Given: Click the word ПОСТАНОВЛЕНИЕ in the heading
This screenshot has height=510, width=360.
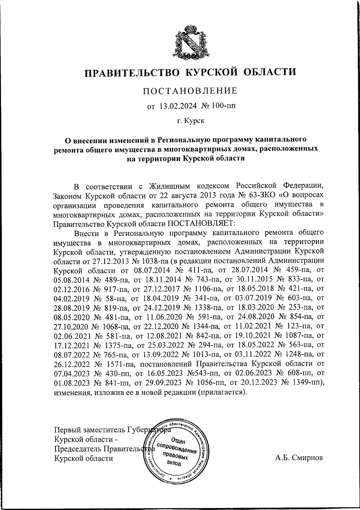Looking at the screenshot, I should coord(190,91).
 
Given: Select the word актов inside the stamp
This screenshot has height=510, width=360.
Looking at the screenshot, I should coord(174,463).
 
